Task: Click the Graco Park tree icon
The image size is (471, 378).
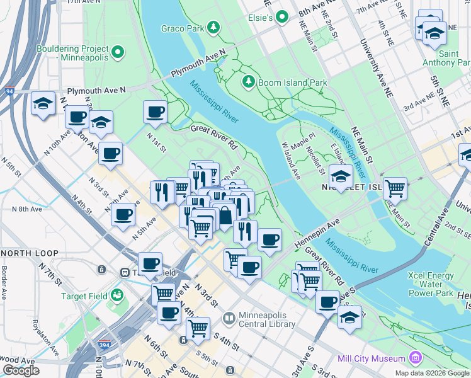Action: (214, 27)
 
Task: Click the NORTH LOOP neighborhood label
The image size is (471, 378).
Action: (30, 253)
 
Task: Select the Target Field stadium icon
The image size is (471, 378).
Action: (116, 294)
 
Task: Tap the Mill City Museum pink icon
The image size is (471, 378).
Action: (414, 358)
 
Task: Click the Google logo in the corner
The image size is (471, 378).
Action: (21, 370)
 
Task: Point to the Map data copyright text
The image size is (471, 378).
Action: (432, 373)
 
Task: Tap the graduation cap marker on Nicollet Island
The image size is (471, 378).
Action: (341, 176)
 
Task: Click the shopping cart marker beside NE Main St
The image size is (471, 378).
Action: (394, 188)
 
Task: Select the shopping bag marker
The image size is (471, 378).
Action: (224, 216)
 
